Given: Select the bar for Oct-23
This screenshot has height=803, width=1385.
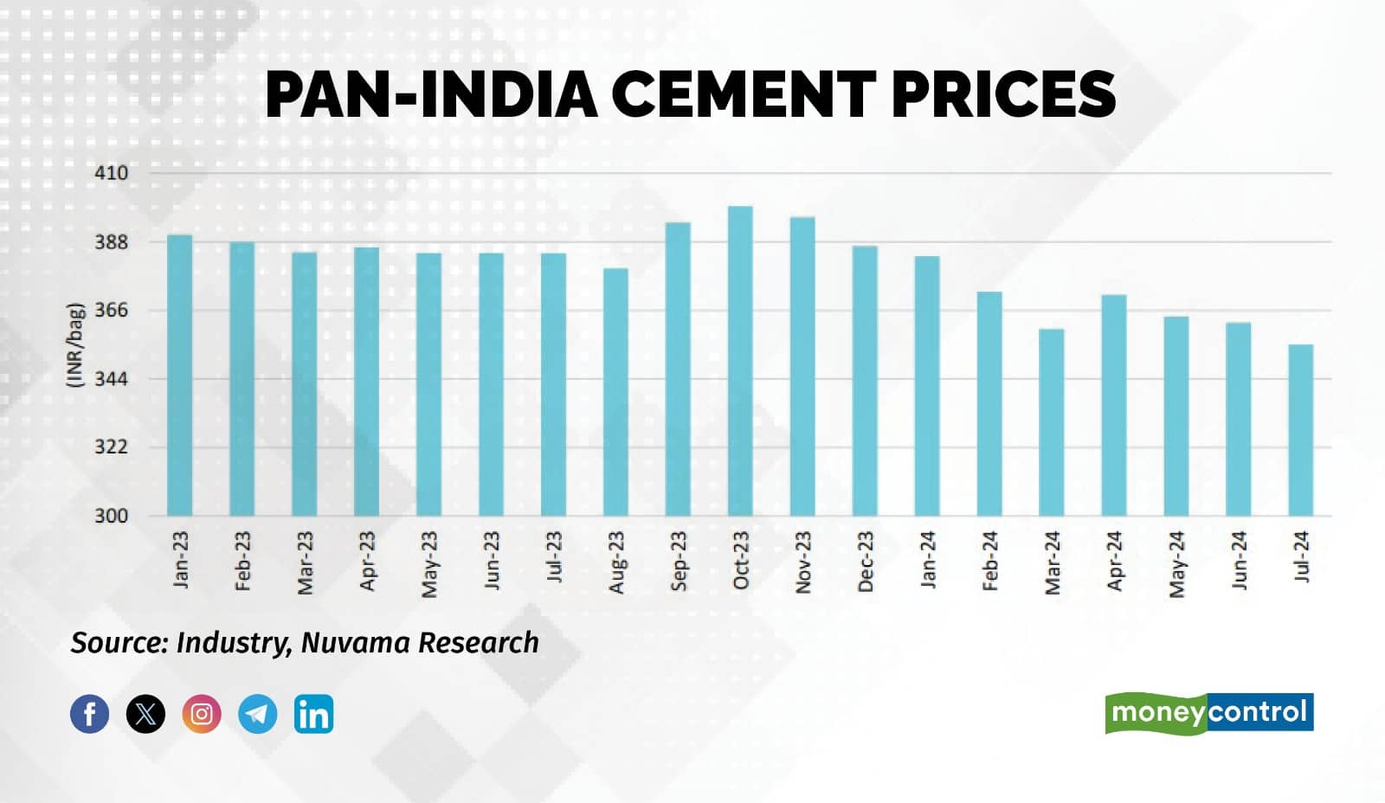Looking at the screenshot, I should [740, 361].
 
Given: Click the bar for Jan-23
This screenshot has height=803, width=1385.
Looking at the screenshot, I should [180, 376].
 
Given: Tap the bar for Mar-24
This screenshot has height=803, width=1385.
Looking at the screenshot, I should [1051, 422].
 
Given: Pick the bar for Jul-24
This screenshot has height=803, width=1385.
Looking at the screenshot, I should [1300, 430].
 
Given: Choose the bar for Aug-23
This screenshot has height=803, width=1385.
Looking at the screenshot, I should [615, 392].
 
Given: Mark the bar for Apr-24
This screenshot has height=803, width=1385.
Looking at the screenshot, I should [1113, 405].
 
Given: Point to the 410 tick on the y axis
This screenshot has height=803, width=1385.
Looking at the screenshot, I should [111, 173].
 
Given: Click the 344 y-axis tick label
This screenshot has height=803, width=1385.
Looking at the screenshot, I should [111, 379].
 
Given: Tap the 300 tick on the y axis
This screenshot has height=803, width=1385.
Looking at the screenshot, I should [111, 516].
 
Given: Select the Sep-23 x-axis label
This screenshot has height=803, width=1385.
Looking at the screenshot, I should [679, 561].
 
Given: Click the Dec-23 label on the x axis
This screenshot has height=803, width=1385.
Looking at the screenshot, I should [866, 562].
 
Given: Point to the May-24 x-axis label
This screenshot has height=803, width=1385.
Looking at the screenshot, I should [1176, 564].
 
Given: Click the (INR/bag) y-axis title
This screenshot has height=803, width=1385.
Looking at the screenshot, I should [75, 344].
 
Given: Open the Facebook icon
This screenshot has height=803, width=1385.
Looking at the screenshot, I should [90, 714].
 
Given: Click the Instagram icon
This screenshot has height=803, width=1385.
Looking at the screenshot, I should [202, 714].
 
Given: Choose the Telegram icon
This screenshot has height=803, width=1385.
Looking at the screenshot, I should [257, 714].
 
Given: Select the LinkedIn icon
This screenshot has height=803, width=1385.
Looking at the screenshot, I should [313, 714].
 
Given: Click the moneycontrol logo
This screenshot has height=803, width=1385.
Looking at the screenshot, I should [1209, 713].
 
